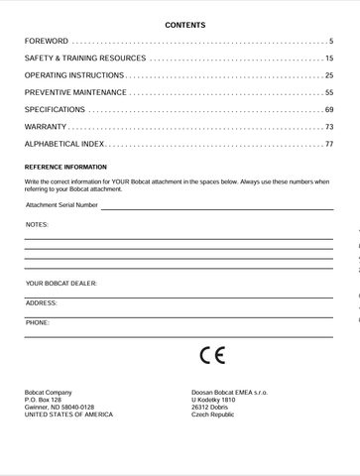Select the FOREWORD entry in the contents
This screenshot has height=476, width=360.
point(47,42)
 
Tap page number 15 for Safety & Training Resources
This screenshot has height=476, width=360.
point(328,59)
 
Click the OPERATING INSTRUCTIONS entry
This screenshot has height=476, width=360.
point(74,75)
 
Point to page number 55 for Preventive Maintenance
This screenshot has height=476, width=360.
point(328,92)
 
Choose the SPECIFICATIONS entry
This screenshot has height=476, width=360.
point(55,109)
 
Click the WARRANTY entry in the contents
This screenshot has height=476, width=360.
point(46,127)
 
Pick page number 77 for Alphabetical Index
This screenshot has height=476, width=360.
point(328,144)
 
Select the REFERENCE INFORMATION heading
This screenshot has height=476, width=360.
point(65,167)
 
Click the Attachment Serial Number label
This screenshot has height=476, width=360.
point(61,205)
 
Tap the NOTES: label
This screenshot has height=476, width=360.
point(37,225)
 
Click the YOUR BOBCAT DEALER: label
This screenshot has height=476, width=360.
point(61,284)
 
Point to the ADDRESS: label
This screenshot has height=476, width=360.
point(42,302)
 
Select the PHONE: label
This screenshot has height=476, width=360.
point(38,321)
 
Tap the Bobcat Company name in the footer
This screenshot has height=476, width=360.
point(48,393)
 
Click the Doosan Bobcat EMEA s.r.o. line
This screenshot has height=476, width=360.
point(229,393)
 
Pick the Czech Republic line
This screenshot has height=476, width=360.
point(212,415)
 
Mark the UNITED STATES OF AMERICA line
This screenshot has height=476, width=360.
point(68,415)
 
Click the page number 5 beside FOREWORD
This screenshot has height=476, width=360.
point(331,42)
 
